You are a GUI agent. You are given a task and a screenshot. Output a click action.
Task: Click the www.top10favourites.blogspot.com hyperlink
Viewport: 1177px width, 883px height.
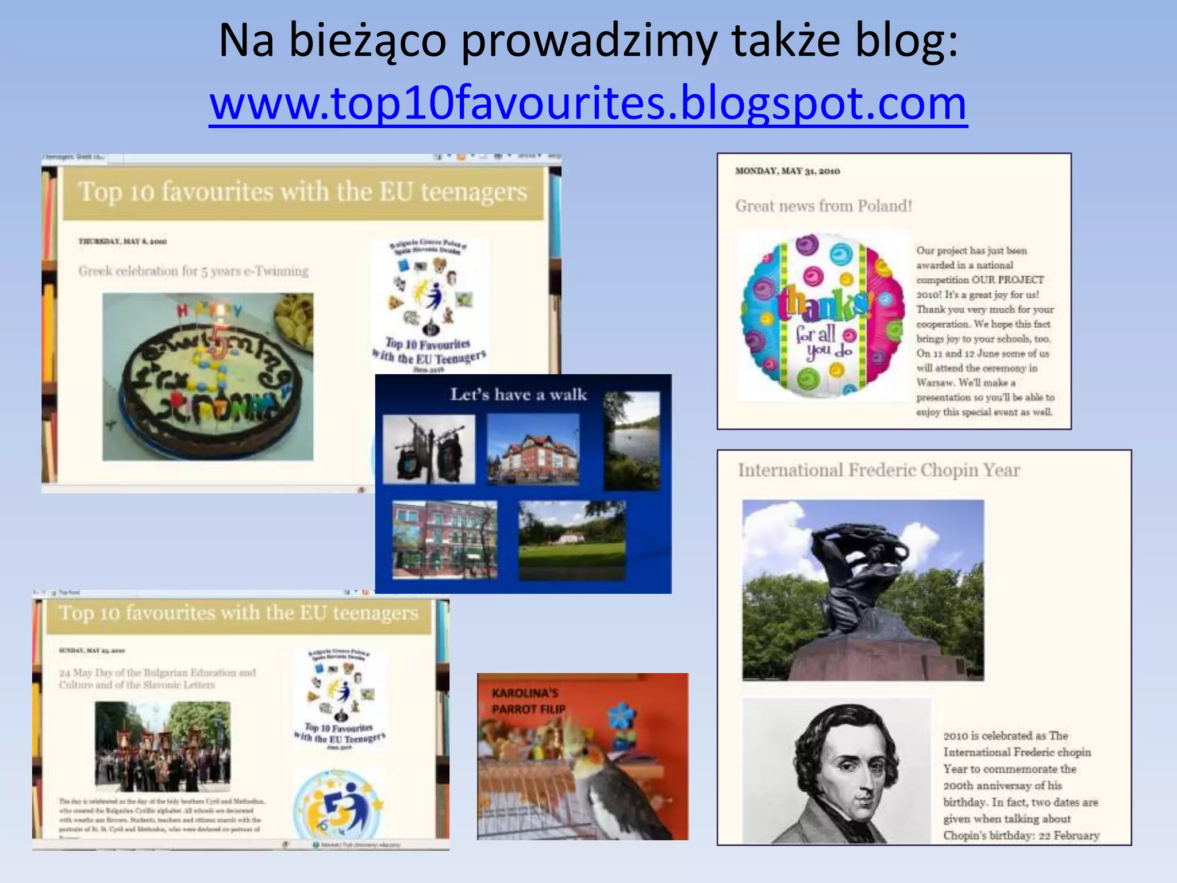coord(588,103)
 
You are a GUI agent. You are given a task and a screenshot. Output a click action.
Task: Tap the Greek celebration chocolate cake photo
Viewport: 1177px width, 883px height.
coord(208,377)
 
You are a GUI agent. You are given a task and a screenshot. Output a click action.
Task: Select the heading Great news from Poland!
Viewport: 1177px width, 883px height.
coord(823,206)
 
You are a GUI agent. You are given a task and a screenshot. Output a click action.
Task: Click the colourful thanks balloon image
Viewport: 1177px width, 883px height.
coord(822,315)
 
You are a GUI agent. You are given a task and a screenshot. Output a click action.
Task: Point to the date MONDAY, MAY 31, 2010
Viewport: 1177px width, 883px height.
coord(787,171)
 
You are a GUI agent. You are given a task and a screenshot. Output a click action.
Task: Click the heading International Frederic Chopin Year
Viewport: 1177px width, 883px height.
coord(878,470)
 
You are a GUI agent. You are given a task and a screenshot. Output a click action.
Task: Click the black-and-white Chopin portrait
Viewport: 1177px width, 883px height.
coord(836,770)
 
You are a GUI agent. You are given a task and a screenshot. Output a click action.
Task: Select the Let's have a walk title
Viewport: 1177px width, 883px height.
coord(518,394)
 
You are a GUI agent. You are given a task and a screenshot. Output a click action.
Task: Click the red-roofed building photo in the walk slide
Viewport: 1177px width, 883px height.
coord(533,450)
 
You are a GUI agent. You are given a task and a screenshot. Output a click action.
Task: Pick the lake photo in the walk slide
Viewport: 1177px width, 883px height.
coord(631,441)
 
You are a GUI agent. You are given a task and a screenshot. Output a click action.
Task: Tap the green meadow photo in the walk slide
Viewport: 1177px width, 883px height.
coord(571,540)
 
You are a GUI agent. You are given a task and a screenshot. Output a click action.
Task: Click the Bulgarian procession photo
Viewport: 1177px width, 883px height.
coord(163,746)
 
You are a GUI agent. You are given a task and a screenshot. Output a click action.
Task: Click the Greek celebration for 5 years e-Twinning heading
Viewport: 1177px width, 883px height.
coord(193,271)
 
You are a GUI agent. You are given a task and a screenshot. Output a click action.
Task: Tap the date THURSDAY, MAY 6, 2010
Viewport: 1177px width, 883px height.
coord(122,241)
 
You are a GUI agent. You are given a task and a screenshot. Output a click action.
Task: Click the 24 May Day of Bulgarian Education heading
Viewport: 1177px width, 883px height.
coord(157,678)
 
